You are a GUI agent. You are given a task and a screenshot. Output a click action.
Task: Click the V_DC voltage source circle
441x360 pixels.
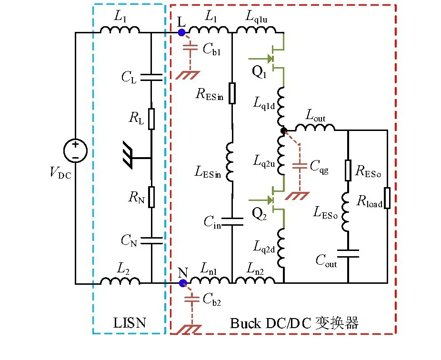75,151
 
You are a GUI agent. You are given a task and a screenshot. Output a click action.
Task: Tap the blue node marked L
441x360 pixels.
182,33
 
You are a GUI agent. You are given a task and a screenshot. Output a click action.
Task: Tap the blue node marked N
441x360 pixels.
183,283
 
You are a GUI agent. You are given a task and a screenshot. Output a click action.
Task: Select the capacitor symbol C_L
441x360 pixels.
151,78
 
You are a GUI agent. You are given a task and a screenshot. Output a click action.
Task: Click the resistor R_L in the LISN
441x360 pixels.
151,119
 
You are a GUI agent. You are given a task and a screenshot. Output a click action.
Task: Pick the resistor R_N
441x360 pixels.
151,197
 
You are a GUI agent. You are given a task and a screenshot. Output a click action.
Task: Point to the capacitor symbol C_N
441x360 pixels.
151,241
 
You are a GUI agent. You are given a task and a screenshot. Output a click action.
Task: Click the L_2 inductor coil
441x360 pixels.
120,280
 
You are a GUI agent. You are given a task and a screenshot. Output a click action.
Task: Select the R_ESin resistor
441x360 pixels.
232,93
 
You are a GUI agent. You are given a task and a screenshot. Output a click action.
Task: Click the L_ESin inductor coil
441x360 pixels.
230,162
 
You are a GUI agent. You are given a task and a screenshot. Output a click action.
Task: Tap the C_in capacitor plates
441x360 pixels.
232,221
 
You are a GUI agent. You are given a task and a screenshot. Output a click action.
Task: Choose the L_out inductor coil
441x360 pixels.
315,128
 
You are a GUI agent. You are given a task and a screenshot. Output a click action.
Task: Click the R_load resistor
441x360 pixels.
387,198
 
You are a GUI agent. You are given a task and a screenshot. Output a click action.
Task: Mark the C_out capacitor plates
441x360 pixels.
348,253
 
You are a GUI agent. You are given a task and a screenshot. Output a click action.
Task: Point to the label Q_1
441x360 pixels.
259,72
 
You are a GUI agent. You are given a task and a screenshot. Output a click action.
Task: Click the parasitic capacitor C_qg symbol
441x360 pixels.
300,166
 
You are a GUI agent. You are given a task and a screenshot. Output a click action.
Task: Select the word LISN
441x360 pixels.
130,323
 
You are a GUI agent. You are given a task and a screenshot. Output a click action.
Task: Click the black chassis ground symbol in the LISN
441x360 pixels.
128,156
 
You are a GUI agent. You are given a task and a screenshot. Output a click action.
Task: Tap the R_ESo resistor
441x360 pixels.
348,170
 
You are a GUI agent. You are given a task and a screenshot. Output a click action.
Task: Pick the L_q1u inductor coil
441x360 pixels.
256,30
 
